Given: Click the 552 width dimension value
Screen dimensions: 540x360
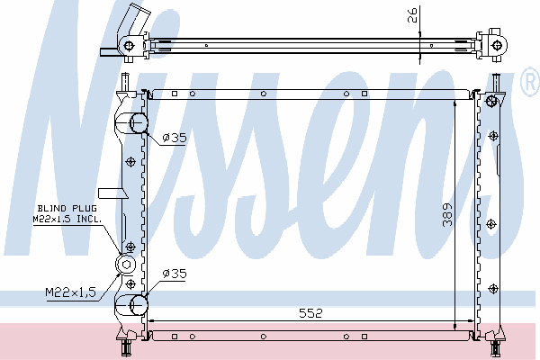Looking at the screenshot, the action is point(310,313).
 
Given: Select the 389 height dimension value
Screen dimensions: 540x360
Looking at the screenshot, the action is point(447,214).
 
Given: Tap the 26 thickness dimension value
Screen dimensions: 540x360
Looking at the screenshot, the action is point(412,15).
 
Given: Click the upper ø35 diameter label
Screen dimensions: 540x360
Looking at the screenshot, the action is point(175,138).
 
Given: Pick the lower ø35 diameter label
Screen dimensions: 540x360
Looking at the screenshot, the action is point(175,274).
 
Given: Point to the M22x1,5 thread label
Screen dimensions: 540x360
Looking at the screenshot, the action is point(70,292).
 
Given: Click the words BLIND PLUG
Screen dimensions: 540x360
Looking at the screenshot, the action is point(67,208).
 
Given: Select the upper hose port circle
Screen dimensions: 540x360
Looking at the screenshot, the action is point(139,123).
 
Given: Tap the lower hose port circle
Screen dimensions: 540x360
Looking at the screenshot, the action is point(139,305).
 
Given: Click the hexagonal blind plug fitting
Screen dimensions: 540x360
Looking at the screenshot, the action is point(125,265).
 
